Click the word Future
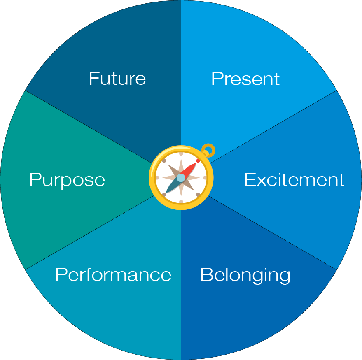[x=117, y=78]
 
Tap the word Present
[x=245, y=79]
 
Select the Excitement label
[x=294, y=180]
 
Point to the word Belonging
[x=245, y=275]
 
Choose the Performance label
[x=113, y=274]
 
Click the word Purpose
[x=67, y=180]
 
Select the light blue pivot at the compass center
[x=181, y=178]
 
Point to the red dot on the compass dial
[x=198, y=160]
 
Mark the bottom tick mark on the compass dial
[x=181, y=201]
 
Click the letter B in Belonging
[x=205, y=274]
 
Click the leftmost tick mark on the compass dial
[x=157, y=178]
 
